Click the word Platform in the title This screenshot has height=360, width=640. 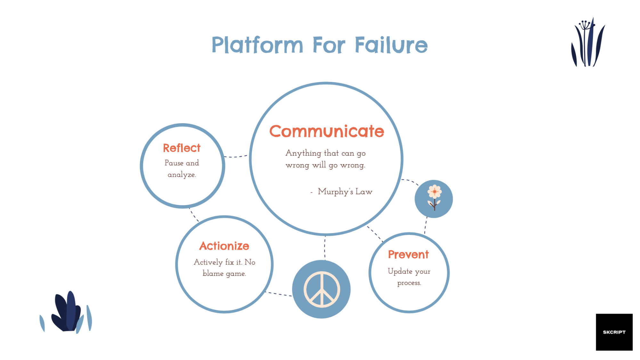click(257, 45)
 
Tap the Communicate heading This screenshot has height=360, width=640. click(327, 131)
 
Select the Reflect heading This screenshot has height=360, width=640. click(182, 148)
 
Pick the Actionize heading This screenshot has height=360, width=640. click(224, 246)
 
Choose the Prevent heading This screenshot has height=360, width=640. click(408, 254)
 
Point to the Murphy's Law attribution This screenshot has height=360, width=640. click(345, 192)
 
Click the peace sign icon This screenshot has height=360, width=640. click(321, 289)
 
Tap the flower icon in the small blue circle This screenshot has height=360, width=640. click(434, 197)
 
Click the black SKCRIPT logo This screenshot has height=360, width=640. click(614, 332)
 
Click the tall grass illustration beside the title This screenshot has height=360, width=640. click(588, 43)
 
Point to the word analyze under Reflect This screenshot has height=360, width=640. click(182, 175)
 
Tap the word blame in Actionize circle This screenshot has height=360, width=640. click(213, 274)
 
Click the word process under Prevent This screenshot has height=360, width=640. click(409, 283)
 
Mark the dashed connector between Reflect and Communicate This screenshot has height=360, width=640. click(236, 156)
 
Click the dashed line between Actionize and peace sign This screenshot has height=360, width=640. click(279, 294)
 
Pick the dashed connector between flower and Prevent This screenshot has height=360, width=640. click(426, 225)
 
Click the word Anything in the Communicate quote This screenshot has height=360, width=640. click(303, 153)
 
